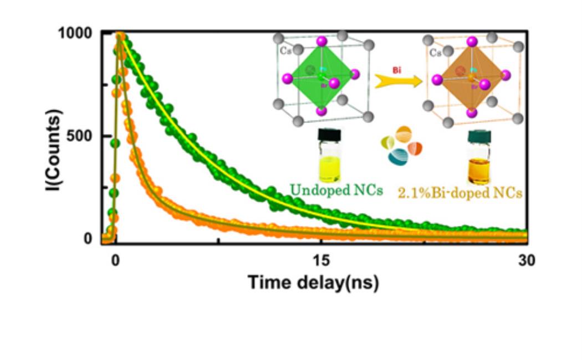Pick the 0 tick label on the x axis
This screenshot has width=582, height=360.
115,261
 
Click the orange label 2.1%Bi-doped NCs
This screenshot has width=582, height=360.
461,193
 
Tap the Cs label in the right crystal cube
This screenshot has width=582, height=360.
436,53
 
